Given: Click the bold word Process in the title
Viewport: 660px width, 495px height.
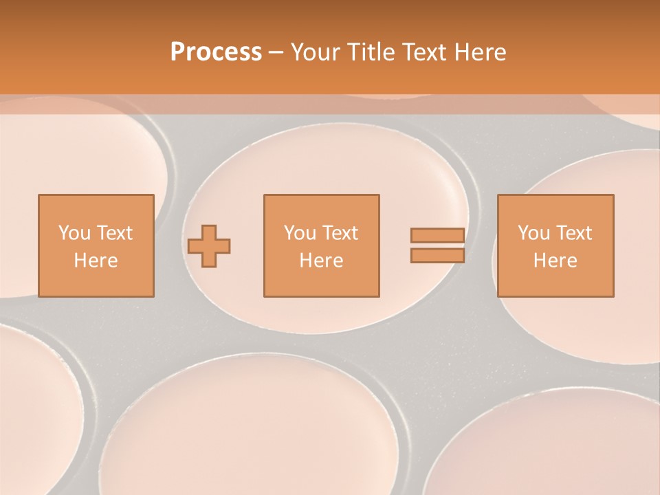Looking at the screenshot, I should pos(216,52).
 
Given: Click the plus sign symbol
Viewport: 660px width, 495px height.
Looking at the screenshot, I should pos(209,246).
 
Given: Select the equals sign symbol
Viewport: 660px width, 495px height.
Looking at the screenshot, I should pos(437,245).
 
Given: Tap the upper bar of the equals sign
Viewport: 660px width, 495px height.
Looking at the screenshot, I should pos(437,236).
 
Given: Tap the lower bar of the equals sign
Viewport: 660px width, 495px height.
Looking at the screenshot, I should pos(437,255).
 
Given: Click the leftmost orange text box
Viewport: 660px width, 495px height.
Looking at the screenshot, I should pos(96,245).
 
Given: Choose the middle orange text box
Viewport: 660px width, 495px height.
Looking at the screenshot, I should pos(321,245).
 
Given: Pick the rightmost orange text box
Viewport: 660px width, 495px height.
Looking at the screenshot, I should pos(555,245).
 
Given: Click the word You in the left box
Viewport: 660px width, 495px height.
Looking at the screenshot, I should pos(74,232).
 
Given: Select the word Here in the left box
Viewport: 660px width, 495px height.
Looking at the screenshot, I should pos(96,261).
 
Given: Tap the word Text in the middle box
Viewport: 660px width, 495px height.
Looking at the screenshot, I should pos(340,232).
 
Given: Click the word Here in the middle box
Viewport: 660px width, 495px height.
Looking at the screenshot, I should pos(321,261).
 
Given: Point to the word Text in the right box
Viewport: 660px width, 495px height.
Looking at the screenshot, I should pos(574,232).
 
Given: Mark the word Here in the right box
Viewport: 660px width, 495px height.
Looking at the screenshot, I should pos(555,261).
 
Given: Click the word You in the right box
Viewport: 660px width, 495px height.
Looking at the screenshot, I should pos(533,232).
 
